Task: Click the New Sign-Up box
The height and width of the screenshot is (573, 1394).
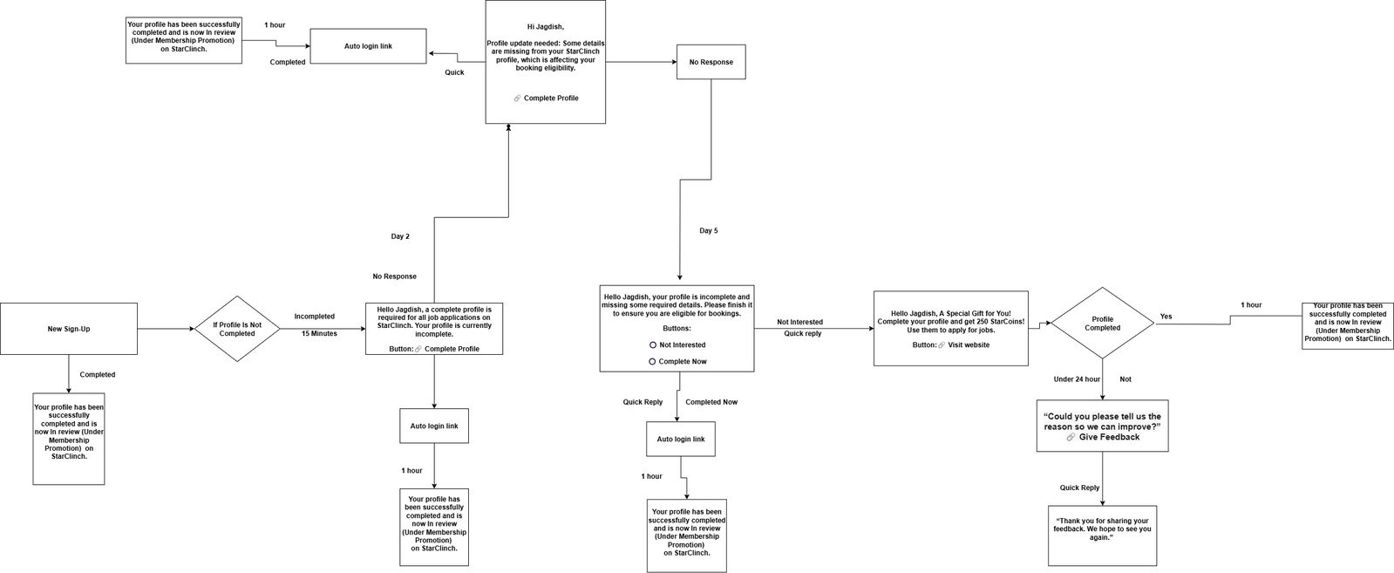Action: tap(69, 329)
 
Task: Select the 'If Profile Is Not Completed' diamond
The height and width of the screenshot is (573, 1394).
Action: tap(237, 329)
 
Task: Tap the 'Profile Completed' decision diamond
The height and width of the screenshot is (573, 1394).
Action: tap(1102, 324)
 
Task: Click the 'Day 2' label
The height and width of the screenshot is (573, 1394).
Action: tap(400, 236)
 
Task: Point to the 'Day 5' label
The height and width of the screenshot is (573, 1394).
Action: tap(708, 230)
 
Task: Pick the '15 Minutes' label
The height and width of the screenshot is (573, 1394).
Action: tap(319, 334)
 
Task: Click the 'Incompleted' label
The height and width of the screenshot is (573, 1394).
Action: tap(314, 317)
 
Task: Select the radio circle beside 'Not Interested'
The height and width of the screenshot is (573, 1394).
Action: tap(653, 345)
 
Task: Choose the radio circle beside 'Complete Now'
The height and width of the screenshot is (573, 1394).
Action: tap(652, 362)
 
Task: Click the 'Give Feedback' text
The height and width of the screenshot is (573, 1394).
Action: tap(1110, 437)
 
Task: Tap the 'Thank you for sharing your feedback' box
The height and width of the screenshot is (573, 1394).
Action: tap(1102, 535)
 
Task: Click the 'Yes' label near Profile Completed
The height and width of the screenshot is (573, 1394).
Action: tap(1166, 317)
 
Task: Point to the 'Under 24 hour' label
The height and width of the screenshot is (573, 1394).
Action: tap(1077, 379)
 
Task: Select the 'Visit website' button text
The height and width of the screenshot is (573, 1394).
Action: tap(969, 345)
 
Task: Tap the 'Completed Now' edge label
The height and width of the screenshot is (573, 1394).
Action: tap(711, 402)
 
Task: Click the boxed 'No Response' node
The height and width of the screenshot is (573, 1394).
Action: tap(711, 62)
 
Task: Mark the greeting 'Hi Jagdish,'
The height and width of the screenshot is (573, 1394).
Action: tap(545, 27)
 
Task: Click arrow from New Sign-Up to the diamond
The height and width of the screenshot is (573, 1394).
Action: tap(166, 329)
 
